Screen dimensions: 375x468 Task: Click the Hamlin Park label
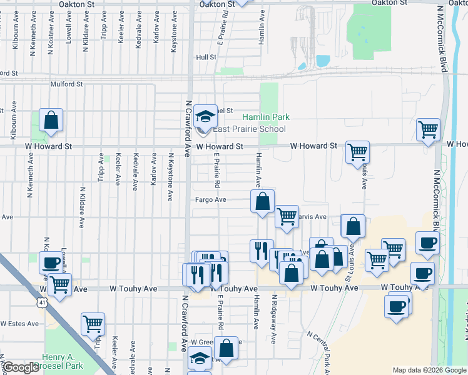266,117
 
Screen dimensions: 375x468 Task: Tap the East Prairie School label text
249,129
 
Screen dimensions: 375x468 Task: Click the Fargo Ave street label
210,200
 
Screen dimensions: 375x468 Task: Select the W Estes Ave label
19,324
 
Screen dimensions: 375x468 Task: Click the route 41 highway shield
41,302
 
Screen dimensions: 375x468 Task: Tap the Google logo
20,367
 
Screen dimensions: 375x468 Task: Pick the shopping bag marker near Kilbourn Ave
51,121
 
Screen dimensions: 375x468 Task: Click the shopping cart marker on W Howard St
357,151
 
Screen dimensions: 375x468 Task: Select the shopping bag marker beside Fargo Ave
262,201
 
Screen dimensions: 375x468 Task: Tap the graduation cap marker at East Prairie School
205,116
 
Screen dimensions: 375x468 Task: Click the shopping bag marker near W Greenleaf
227,348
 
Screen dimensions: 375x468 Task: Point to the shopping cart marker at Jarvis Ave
287,217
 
